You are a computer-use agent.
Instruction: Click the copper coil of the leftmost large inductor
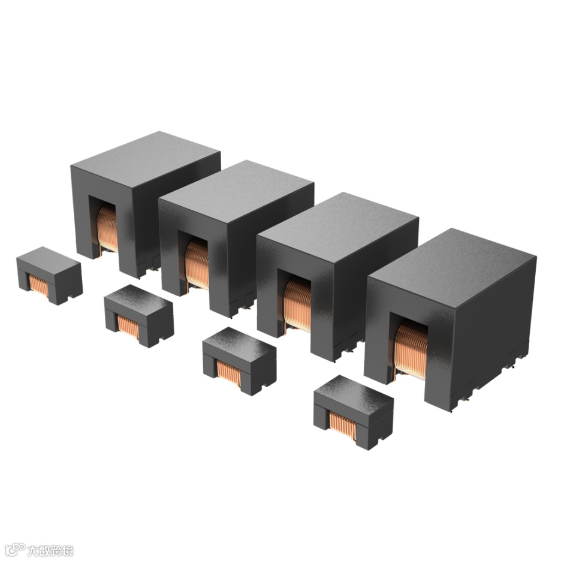(x=107, y=228)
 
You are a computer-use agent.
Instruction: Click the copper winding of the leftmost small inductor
(x=38, y=285)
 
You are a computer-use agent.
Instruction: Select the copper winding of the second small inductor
(x=128, y=326)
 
